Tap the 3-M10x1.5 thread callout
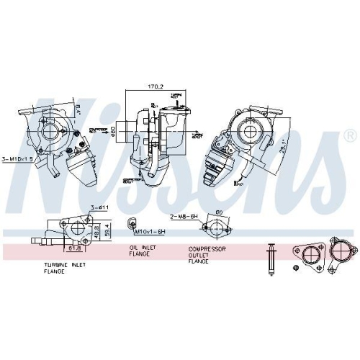click(17, 158)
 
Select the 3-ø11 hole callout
click(98, 208)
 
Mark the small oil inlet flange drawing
click(132, 223)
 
